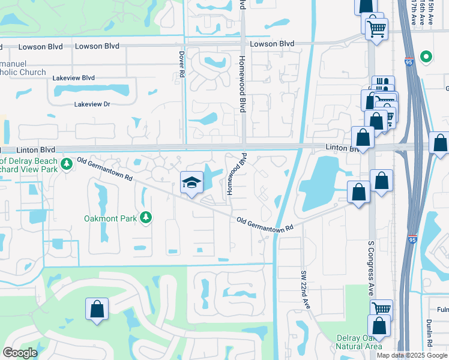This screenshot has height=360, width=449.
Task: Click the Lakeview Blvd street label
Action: pyautogui.click(x=74, y=78)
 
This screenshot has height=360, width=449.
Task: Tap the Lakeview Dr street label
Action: pyautogui.click(x=92, y=104)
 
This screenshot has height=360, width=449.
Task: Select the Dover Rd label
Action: pyautogui.click(x=181, y=64)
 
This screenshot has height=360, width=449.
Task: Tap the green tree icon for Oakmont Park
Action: pyautogui.click(x=145, y=217)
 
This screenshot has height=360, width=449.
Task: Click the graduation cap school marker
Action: pyautogui.click(x=191, y=182)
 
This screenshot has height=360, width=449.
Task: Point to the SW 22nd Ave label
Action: pyautogui.click(x=305, y=289)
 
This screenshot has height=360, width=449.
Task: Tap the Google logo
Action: pyautogui.click(x=20, y=353)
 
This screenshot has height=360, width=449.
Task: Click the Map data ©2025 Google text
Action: pyautogui.click(x=412, y=355)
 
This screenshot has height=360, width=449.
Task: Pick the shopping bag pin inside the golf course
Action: pyautogui.click(x=97, y=310)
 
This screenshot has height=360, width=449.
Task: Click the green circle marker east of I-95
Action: pyautogui.click(x=426, y=57)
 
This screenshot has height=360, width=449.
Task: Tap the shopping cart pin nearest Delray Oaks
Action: pyautogui.click(x=380, y=309)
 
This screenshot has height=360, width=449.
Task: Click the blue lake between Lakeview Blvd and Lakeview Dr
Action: pyautogui.click(x=92, y=91)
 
